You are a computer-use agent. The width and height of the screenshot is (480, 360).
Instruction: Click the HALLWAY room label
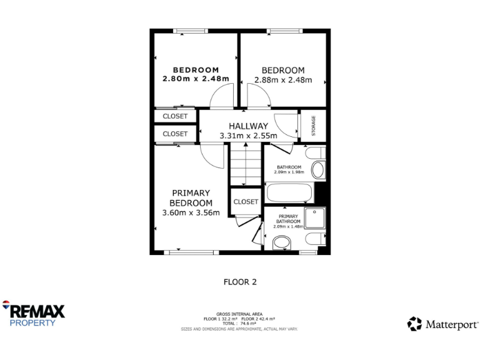coord(248,126)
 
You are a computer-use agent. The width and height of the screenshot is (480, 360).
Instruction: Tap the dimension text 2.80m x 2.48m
coord(196,79)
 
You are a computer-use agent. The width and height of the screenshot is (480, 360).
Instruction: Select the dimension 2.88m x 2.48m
coord(283,80)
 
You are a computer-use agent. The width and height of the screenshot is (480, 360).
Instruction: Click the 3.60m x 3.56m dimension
coord(191,212)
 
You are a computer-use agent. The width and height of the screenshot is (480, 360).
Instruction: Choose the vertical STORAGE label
coord(314,126)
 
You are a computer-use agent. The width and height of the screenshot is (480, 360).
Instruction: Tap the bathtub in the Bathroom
coord(289,192)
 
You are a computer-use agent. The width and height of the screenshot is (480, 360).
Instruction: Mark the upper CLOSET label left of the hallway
coord(175,116)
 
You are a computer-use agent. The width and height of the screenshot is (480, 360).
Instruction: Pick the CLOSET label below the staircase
coord(246,202)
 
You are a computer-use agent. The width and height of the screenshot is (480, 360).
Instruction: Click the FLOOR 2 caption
coord(240,282)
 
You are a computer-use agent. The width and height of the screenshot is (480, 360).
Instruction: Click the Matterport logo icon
coord(414,324)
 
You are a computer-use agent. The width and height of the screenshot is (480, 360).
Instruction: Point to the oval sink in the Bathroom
coord(318,170)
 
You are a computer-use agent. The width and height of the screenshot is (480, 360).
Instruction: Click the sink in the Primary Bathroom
coord(282,242)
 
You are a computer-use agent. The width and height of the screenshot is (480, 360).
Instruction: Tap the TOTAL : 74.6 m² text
coord(239,323)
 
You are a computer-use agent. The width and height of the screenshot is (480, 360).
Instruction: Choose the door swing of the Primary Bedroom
coord(213,156)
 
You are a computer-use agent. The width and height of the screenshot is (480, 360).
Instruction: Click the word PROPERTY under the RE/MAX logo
coord(32,323)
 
